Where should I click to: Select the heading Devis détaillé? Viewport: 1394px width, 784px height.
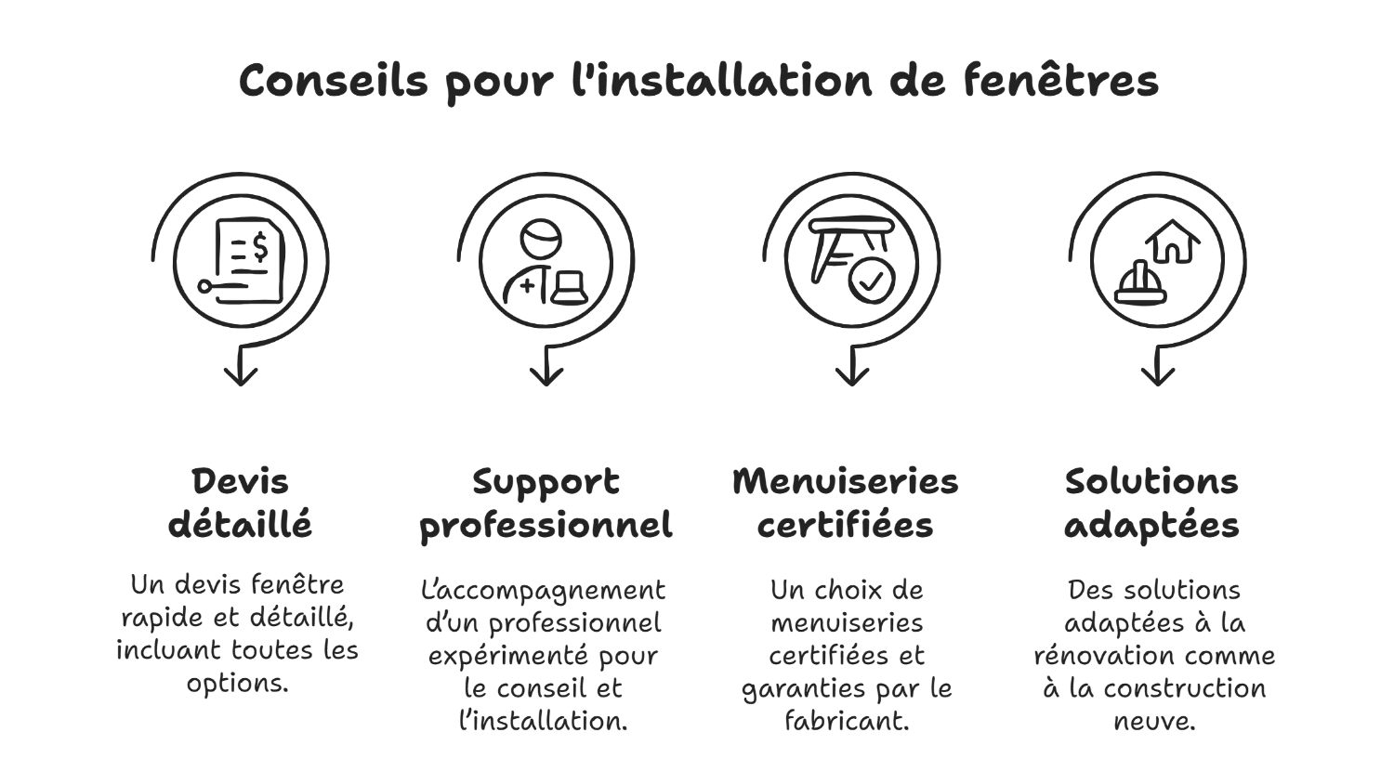pyautogui.click(x=240, y=503)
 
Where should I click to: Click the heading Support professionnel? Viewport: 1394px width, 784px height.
pyautogui.click(x=546, y=503)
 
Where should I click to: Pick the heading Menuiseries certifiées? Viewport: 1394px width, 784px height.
pyautogui.click(x=845, y=503)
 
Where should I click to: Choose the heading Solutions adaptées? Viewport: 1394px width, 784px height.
pyautogui.click(x=1151, y=503)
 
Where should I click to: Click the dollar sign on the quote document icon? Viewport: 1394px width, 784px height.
pyautogui.click(x=259, y=246)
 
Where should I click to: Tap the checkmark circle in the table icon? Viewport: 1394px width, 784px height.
pyautogui.click(x=871, y=281)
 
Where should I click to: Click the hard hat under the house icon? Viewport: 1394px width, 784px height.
pyautogui.click(x=1140, y=283)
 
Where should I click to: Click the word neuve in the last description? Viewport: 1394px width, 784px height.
pyautogui.click(x=1153, y=721)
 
